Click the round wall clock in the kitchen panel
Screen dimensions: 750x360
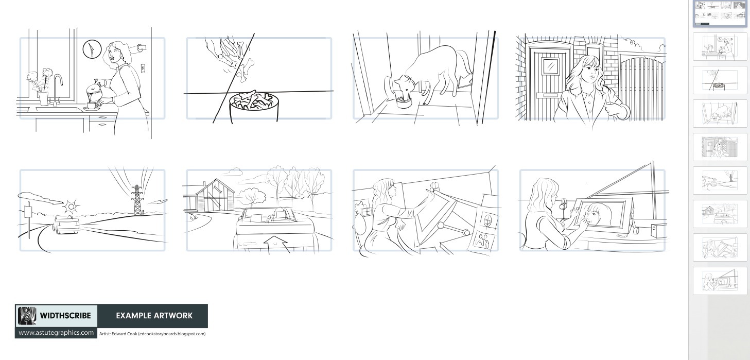point(92,49)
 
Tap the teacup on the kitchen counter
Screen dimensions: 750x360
point(92,106)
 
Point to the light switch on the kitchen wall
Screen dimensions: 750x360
point(143,68)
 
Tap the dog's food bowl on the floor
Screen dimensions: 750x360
point(404,102)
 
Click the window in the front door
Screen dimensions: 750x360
point(550,66)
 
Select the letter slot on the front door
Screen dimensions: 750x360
point(550,95)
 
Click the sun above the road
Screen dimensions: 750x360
point(71,207)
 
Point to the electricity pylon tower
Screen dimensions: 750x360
point(137,200)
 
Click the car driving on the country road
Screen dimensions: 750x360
point(66,225)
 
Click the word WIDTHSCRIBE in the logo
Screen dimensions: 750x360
point(65,316)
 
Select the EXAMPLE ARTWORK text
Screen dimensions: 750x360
point(154,316)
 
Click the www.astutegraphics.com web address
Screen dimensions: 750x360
point(56,333)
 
